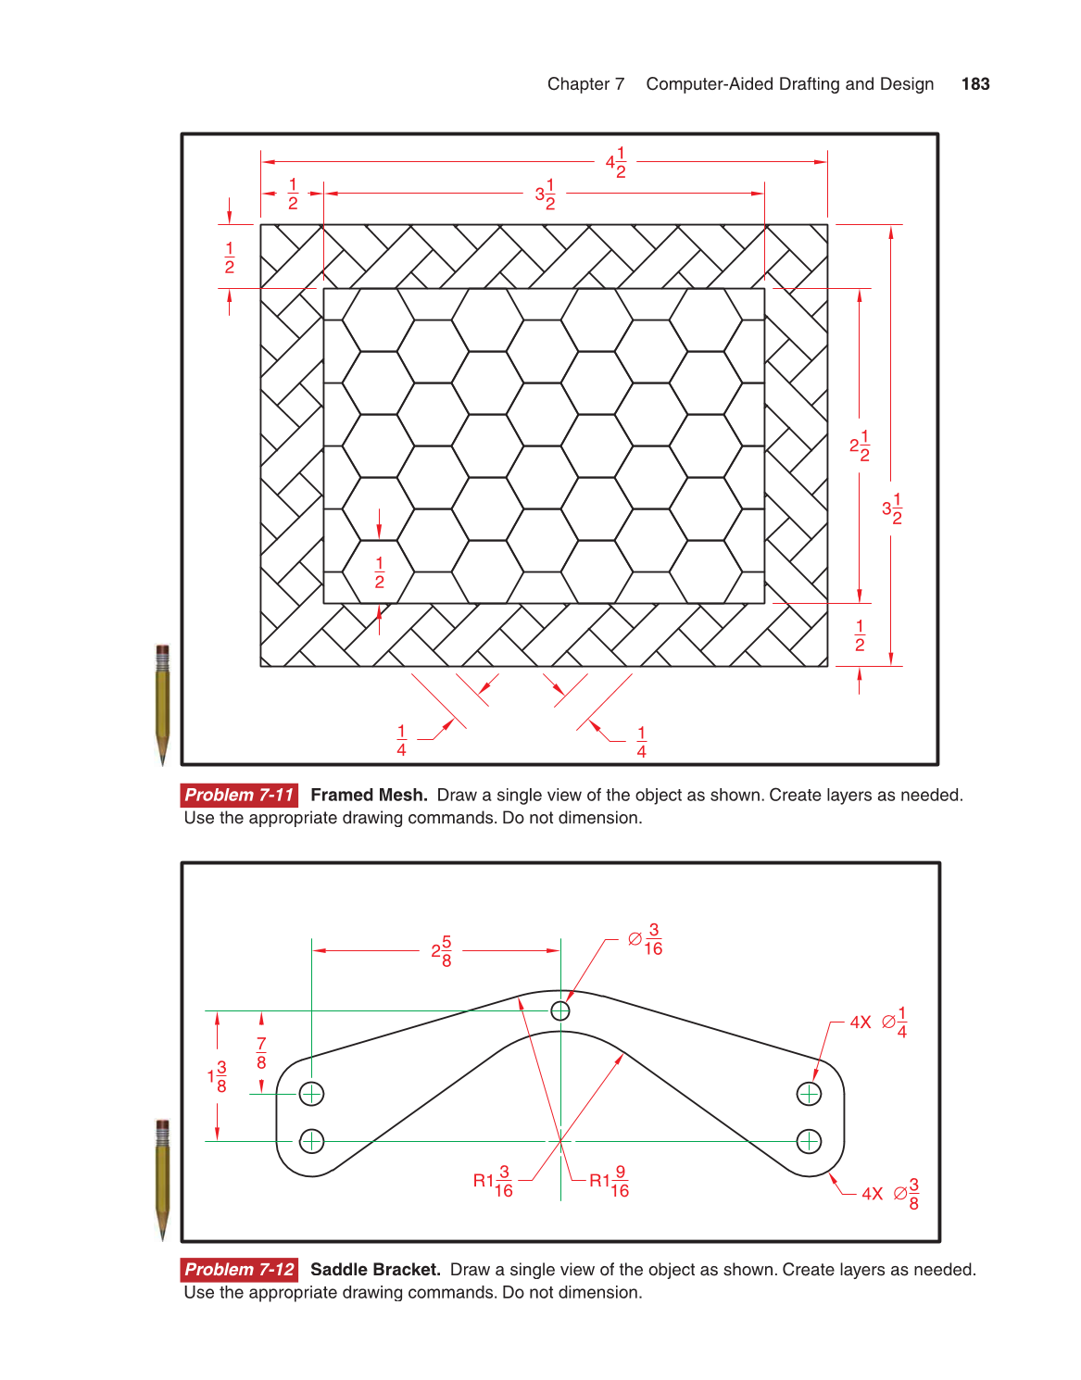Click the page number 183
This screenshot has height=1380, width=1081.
[975, 84]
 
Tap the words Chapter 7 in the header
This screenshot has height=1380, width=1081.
[585, 84]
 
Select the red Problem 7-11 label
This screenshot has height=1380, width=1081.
[239, 795]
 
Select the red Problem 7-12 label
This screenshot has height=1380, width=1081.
[239, 1270]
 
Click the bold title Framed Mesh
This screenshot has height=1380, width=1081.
[369, 795]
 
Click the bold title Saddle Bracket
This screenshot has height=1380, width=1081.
[375, 1270]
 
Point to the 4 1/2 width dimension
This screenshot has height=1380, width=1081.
[616, 163]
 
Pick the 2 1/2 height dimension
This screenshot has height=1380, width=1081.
[860, 445]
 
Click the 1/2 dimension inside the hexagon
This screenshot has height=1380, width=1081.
[379, 572]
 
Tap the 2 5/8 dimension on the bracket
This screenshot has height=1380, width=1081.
[442, 951]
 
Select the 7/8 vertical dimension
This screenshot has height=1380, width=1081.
[261, 1053]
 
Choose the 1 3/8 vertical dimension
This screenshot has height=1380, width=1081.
[218, 1076]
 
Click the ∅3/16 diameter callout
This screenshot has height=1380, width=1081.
[646, 939]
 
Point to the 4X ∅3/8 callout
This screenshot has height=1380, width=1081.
[890, 1194]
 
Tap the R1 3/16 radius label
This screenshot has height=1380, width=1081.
[493, 1181]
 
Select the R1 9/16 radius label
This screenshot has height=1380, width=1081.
[610, 1181]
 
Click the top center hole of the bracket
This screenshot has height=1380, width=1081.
[560, 1010]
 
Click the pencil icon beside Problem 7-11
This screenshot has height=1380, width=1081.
[163, 704]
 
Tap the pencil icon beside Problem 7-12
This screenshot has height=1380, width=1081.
[163, 1179]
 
